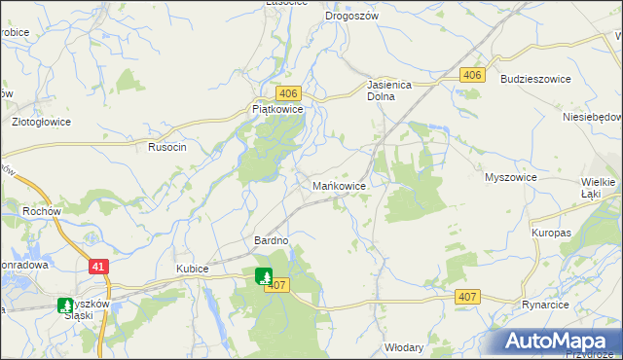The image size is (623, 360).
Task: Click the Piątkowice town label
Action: point(278,111)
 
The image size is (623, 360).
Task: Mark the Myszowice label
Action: point(511,178)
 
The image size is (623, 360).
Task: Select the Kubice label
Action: point(194,268)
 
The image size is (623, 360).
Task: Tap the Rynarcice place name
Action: point(544,305)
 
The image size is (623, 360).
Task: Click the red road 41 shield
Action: point(98,265)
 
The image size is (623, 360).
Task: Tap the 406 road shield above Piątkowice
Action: point(287,92)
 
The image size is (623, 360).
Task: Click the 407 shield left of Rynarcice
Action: point(466,296)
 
